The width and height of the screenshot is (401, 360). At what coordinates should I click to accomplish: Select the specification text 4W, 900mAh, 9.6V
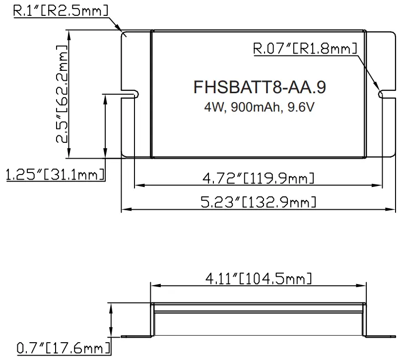pyautogui.click(x=259, y=107)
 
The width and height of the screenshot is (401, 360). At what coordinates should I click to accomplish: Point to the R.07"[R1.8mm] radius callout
pyautogui.click(x=305, y=49)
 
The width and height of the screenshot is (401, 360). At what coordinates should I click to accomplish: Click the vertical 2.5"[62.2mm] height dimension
pyautogui.click(x=63, y=94)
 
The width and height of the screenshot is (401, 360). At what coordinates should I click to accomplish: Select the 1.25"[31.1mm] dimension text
pyautogui.click(x=55, y=175)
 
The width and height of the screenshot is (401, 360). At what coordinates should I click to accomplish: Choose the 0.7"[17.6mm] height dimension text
pyautogui.click(x=62, y=348)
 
